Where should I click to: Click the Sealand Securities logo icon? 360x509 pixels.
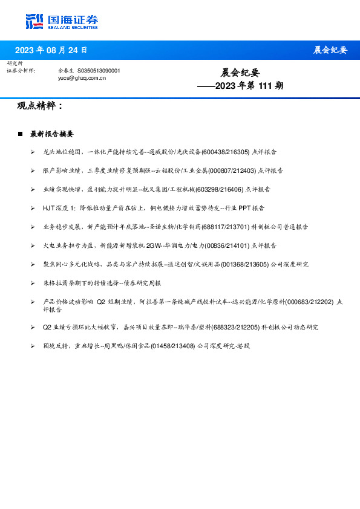coord(34,21)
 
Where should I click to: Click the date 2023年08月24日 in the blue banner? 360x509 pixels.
coord(51,50)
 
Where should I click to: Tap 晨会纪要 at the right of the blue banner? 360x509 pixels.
coord(330,50)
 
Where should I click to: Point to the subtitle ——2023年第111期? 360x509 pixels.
coord(240,86)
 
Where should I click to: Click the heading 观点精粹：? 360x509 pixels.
coord(40,106)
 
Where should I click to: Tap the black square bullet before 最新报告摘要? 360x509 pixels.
coord(20,134)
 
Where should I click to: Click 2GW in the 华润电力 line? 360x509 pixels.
coord(154,245)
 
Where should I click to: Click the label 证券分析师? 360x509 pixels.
coord(21,71)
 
